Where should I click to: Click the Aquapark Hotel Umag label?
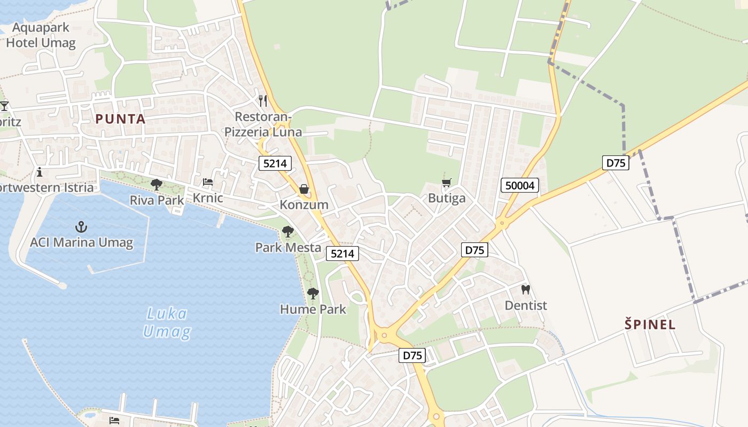coord(41,35)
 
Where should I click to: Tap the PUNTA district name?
coord(121,119)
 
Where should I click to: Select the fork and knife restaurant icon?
coord(263,100)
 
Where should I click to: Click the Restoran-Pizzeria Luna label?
coord(263,124)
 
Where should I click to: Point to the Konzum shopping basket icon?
coord(304,189)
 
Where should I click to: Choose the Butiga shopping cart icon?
coord(447,183)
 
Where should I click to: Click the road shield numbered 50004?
coord(520,186)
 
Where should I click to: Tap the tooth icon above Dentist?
coord(526,290)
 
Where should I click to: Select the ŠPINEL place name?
coord(650,324)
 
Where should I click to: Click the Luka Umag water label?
coord(167,322)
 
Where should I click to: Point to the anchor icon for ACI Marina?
coord(81,226)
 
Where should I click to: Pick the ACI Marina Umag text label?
coord(81,242)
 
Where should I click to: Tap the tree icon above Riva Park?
coord(157,185)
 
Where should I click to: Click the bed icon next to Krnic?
coord(208,183)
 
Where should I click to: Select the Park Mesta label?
coord(288,247)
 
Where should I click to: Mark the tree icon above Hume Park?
coord(313,294)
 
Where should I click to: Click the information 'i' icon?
coord(40,172)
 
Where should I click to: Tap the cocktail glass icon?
coord(4,106)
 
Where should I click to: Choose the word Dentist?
coord(526,305)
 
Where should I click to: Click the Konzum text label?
coord(304,204)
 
